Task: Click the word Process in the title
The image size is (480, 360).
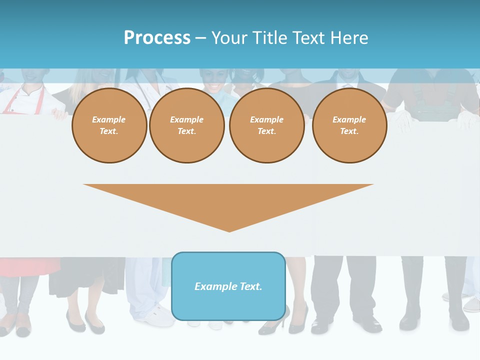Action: (x=157, y=38)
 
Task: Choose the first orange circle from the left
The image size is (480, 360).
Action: (x=109, y=125)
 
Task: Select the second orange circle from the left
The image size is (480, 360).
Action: (x=186, y=125)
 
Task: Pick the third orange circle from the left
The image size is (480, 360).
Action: (x=266, y=125)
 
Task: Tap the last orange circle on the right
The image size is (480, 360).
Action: (x=349, y=125)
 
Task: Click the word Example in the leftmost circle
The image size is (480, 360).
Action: (x=109, y=119)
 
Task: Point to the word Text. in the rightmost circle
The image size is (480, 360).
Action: (x=349, y=131)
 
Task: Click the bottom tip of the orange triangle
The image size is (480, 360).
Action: (x=229, y=231)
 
